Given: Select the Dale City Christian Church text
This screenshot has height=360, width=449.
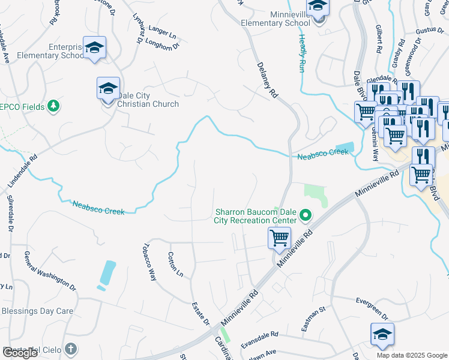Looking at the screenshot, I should (148, 100).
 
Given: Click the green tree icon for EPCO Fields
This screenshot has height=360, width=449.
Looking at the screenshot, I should (53, 106).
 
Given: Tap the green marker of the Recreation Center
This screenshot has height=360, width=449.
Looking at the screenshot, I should (306, 214).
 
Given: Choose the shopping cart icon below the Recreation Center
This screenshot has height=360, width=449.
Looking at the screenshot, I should (279, 238).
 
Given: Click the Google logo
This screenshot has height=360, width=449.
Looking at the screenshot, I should (20, 352).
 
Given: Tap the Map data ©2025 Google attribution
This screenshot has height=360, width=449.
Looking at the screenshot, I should (412, 355).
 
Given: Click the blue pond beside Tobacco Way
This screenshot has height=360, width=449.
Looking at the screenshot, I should (107, 274).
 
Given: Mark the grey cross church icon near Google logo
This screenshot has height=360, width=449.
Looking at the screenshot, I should (71, 348).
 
